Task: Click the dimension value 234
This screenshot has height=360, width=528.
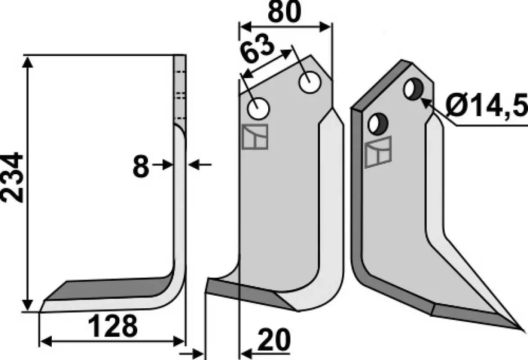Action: (13, 177)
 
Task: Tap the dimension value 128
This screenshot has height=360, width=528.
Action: (113, 326)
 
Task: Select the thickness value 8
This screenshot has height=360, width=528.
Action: (141, 166)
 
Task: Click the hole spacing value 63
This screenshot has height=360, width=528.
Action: (257, 49)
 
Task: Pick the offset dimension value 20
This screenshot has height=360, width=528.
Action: (273, 340)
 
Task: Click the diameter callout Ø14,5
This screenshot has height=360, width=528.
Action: (486, 105)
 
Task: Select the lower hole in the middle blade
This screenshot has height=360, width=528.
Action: (258, 108)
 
